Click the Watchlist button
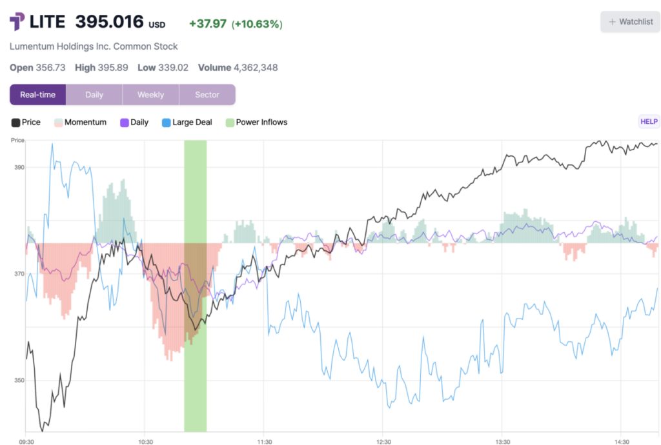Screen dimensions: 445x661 coord(630,22)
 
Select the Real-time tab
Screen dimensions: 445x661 coord(38,95)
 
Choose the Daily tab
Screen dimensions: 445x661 coord(94,95)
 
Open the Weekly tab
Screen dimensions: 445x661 coord(150,95)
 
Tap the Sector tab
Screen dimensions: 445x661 coord(207,95)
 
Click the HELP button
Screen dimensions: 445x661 coord(648,121)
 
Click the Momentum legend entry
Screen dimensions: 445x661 coord(80,123)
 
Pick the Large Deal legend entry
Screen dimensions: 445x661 coord(187,123)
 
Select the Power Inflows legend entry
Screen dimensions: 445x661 coord(256,123)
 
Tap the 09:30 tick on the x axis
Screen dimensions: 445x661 coord(26,441)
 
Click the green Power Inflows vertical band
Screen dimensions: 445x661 coord(195,284)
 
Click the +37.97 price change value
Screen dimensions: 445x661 coord(207,24)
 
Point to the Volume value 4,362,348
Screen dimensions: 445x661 coord(256,68)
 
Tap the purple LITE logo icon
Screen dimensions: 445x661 coord(17,22)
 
